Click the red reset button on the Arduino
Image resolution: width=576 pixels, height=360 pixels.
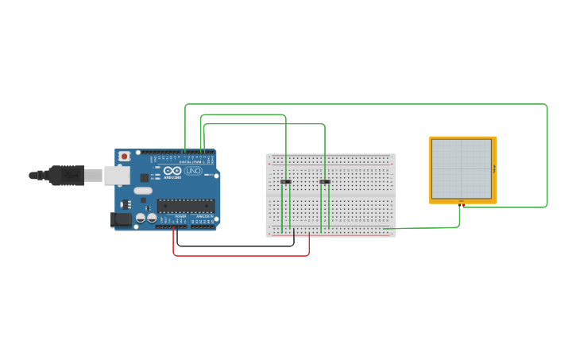[x=124, y=157]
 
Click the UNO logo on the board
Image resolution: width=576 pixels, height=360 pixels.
[x=193, y=171]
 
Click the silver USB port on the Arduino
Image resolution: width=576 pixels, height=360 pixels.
[x=117, y=175]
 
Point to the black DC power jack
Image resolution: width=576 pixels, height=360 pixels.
[x=121, y=220]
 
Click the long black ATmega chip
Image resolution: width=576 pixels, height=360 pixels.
[x=185, y=206]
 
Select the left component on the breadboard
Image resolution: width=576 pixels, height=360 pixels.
[x=286, y=182]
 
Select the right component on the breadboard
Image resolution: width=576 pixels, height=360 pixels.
[x=325, y=182]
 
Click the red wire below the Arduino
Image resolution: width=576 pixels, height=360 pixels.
[x=238, y=256]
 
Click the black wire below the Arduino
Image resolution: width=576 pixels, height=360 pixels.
[x=238, y=246]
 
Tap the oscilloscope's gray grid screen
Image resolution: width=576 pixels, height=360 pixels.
[x=461, y=168]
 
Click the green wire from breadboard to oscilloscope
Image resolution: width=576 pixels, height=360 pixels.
[x=429, y=228]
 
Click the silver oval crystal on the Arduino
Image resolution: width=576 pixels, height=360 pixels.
[x=143, y=191]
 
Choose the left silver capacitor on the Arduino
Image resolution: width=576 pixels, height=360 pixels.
[x=141, y=218]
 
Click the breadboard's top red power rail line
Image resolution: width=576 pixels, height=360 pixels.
[x=331, y=157]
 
